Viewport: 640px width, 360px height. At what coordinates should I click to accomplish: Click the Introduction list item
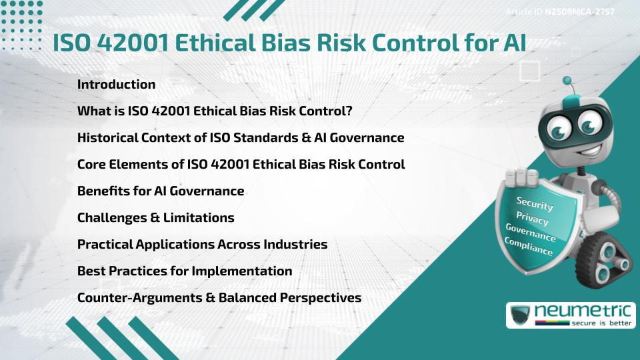pyautogui.click(x=116, y=85)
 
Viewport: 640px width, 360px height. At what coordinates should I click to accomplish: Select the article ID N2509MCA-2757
pyautogui.click(x=560, y=11)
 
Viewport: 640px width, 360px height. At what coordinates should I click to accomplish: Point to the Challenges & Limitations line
pyautogui.click(x=155, y=217)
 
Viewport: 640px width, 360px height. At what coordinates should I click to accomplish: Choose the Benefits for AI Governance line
pyautogui.click(x=161, y=191)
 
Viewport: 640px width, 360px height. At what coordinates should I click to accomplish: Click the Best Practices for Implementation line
pyautogui.click(x=185, y=271)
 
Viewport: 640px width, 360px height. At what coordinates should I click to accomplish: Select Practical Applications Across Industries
pyautogui.click(x=202, y=244)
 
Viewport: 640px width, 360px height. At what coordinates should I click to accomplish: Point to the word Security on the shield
pyautogui.click(x=535, y=203)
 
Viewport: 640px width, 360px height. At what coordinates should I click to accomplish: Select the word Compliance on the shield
pyautogui.click(x=529, y=246)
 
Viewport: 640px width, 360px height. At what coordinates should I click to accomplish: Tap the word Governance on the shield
pyautogui.click(x=530, y=232)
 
